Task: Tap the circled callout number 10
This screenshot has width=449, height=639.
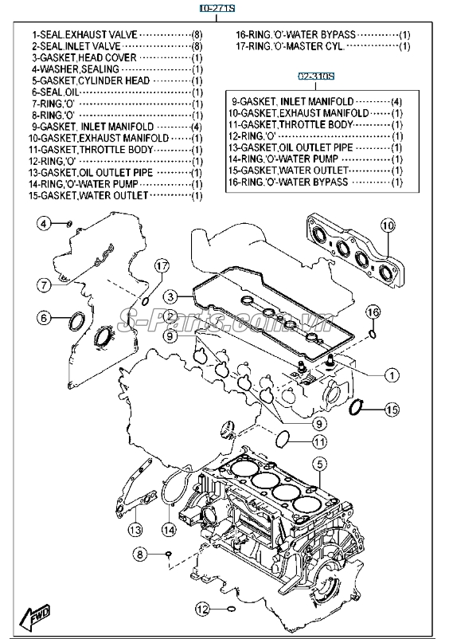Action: pos(388,225)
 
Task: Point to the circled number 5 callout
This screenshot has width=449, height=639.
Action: pos(320,464)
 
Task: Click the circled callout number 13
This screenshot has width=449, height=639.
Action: pos(135,530)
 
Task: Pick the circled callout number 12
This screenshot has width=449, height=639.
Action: pos(202,610)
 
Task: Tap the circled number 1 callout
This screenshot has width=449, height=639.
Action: pos(392,375)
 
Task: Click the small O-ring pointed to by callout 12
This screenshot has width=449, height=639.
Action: pos(231,610)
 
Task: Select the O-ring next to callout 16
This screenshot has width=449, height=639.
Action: pos(373,335)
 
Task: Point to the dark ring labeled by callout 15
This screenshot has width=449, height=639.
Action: pos(357,407)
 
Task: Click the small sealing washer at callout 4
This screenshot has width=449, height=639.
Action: pos(69,223)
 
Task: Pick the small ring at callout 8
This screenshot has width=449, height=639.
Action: pos(168,554)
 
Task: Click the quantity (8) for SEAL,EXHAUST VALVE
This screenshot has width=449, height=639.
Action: pos(197,35)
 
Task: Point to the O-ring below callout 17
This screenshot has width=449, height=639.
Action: pos(146,301)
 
